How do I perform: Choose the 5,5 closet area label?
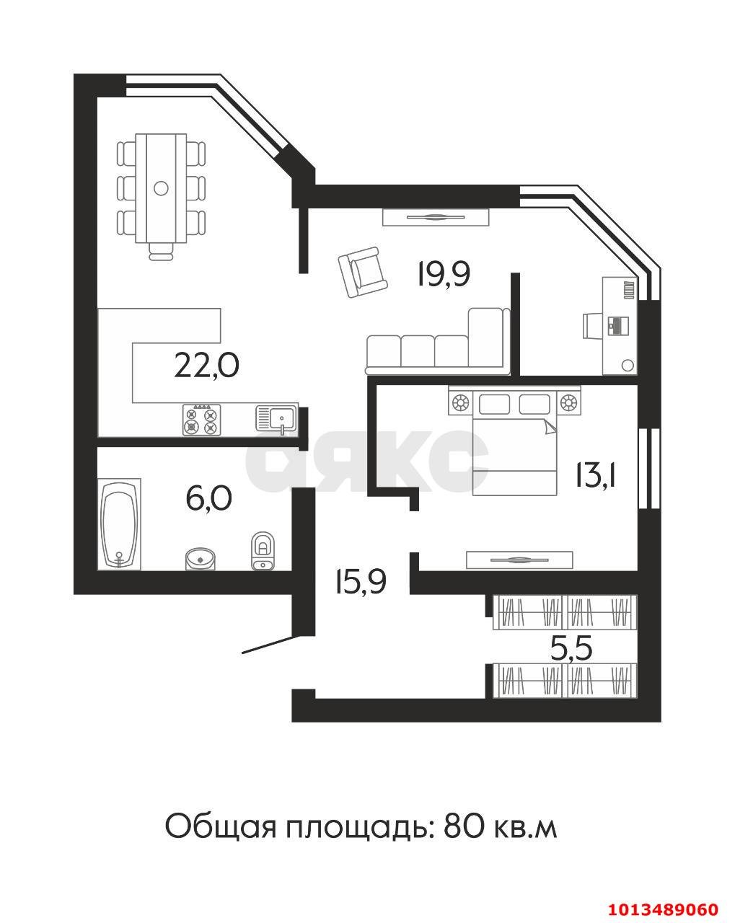pos(571,650)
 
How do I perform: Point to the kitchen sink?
pos(276,419)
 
